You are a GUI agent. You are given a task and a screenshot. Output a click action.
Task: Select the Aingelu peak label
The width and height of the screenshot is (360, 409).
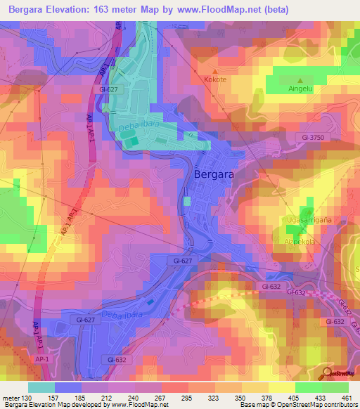pyautogui.click(x=302, y=89)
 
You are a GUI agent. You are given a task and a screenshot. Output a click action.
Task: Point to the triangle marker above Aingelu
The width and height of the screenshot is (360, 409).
pyautogui.click(x=302, y=80)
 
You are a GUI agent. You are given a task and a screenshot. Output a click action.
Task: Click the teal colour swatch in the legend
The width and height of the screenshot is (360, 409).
pyautogui.click(x=41, y=387)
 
